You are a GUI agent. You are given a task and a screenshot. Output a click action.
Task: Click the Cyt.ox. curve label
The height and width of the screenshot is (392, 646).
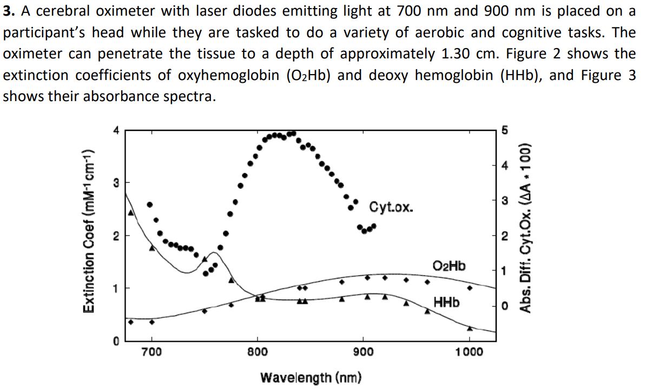[x=392, y=207]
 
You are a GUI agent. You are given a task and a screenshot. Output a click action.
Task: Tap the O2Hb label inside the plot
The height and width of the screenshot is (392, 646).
[x=449, y=266]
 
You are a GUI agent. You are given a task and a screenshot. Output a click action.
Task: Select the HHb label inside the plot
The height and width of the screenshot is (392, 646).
[x=446, y=302]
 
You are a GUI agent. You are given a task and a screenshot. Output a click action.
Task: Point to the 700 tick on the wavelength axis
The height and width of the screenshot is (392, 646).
[x=151, y=352]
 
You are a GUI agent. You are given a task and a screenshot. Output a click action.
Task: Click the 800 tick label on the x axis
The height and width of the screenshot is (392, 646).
[x=258, y=352]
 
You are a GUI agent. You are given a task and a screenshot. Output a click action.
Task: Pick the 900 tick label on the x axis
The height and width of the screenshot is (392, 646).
[x=364, y=352]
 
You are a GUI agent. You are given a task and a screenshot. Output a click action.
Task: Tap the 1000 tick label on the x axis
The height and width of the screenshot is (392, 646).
[x=469, y=352]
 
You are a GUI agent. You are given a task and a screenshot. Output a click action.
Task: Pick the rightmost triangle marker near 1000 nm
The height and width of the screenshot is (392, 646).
[x=470, y=328]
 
